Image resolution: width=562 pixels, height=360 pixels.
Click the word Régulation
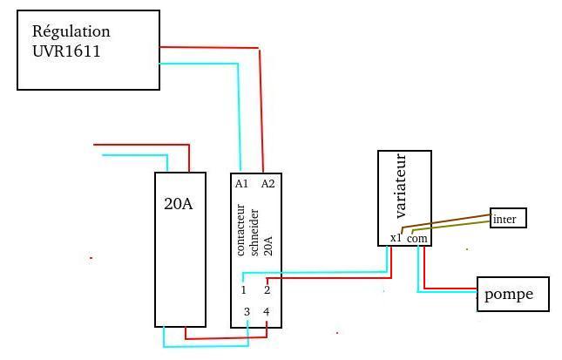click(71, 32)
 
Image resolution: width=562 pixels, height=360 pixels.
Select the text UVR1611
click(66, 51)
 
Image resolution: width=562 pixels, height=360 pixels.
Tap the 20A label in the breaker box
click(178, 204)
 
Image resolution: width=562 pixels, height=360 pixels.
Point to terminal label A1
click(241, 184)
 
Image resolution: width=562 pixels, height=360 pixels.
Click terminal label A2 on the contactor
click(267, 184)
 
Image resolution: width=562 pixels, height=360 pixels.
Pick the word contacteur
click(240, 230)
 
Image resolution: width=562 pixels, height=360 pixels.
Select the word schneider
click(254, 233)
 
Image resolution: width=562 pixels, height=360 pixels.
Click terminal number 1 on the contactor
click(243, 289)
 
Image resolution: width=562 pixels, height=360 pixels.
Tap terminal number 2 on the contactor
click(267, 289)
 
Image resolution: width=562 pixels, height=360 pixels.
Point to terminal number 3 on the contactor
click(247, 311)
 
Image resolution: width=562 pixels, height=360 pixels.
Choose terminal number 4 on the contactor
click(267, 311)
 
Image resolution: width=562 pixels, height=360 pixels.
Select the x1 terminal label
click(396, 238)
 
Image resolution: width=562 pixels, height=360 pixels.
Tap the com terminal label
click(417, 239)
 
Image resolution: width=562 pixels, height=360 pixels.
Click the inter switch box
click(508, 218)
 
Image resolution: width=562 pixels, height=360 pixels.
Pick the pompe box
click(513, 294)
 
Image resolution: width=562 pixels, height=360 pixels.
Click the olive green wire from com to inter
click(450, 226)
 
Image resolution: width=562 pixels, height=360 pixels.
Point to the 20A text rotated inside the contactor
click(267, 245)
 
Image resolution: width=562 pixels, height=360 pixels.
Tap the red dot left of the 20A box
click(91, 258)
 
